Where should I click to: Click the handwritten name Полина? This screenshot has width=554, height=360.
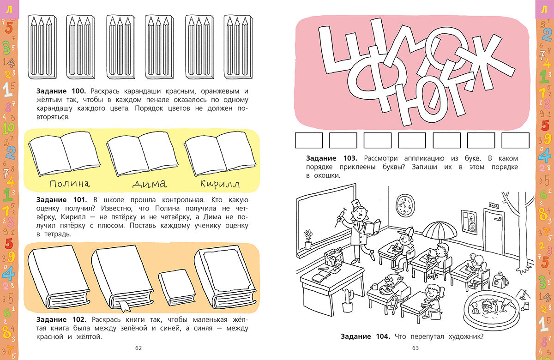coord(70,184)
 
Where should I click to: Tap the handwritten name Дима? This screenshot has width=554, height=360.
coord(150,184)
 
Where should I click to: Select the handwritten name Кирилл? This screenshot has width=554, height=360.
coord(220,184)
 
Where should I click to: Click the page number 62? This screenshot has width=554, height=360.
coord(138,348)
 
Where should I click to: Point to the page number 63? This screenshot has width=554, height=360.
coord(415,348)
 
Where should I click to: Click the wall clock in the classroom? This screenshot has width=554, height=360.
coord(405,205)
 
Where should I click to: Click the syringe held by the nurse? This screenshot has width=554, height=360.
coord(340,216)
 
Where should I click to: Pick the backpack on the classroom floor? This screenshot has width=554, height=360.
coord(500,280)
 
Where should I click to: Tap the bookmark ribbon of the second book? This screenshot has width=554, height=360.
coord(125,306)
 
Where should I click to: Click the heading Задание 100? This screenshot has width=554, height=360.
coord(61,91)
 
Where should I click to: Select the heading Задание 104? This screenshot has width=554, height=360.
coord(365,336)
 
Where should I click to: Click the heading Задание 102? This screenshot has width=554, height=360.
coord(61,319)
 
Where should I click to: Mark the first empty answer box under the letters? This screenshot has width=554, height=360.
coord(309,140)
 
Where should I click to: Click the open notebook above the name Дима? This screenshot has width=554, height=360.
coord(142,153)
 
